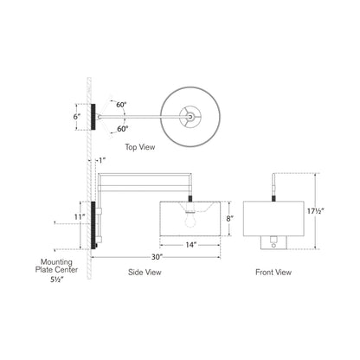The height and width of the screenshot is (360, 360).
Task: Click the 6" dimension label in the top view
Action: click(77, 114)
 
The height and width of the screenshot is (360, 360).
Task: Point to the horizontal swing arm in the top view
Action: click(138, 115)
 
